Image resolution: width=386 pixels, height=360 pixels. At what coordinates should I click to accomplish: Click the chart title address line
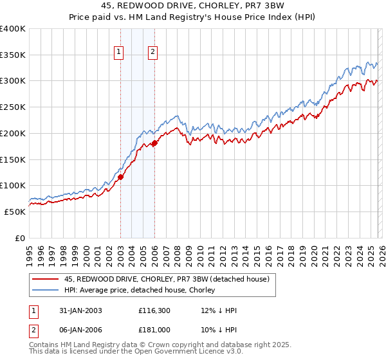pyautogui.click(x=192, y=6)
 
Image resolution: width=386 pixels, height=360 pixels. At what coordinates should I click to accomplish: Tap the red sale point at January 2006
pyautogui.click(x=154, y=143)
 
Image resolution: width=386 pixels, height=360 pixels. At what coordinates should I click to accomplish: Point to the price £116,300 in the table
pyautogui.click(x=154, y=310)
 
